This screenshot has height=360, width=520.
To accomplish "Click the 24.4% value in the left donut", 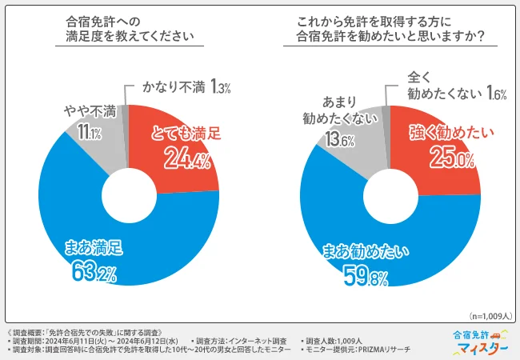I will click(x=186, y=160).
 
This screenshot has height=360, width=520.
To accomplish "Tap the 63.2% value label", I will click(x=92, y=273).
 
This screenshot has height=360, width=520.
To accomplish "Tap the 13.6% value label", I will click(x=332, y=141).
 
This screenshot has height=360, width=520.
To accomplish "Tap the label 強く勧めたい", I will click(x=444, y=133).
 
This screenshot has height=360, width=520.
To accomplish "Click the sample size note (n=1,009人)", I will click(x=490, y=314).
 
